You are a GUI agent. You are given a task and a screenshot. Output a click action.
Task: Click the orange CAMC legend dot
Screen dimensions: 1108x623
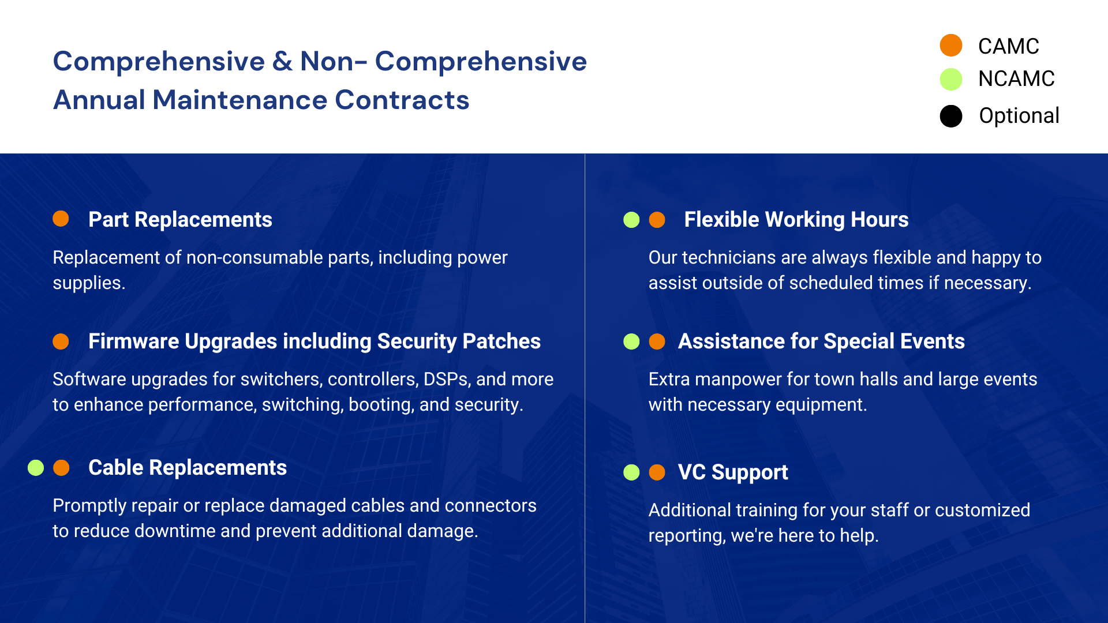pos(951,46)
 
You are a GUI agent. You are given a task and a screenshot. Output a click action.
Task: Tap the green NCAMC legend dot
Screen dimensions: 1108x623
pos(951,79)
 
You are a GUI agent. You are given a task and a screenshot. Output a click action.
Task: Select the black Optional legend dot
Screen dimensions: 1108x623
pos(951,116)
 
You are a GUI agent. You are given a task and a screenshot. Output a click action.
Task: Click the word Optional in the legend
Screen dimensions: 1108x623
pos(1019,116)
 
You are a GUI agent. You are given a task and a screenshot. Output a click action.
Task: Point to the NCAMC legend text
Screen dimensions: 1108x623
pos(1016,78)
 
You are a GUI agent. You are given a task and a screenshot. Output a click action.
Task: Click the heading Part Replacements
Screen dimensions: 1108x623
pos(180,220)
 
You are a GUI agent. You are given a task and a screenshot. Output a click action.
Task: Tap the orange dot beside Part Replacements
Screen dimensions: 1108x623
pos(61,219)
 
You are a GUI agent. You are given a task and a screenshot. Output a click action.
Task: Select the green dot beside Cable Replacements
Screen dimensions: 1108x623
pos(36,468)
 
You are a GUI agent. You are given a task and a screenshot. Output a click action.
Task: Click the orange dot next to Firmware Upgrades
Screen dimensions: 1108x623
pos(61,341)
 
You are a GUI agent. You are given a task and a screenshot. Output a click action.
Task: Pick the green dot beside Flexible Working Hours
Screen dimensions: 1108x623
pos(631,220)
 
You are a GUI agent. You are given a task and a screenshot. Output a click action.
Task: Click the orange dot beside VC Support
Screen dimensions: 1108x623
pos(657,472)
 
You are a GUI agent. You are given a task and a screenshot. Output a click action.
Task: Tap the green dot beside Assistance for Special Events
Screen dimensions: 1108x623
pos(631,341)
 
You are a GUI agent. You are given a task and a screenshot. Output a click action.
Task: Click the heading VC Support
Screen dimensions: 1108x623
pos(733,472)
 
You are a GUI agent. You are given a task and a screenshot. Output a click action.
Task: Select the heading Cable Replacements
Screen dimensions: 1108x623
pos(188,468)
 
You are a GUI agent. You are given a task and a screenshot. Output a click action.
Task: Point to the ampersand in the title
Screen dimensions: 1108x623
pos(282,61)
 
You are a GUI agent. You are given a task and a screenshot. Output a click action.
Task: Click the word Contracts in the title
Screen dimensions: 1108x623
pos(402,100)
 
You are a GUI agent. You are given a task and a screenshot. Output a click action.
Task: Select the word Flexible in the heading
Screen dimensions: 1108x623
pos(721,220)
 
